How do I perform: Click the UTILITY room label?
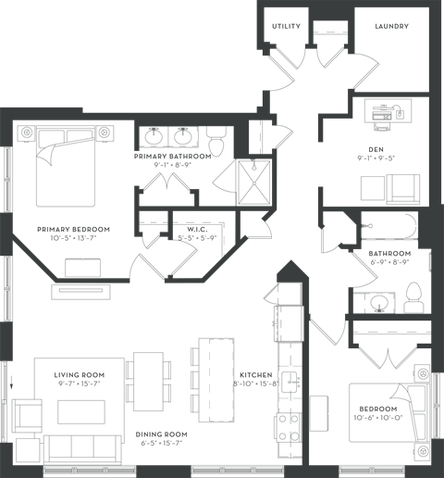click(x=286, y=26)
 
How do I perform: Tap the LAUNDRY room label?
click(x=392, y=26)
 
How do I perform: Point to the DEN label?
click(x=376, y=150)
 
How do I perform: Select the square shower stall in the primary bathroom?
click(x=254, y=182)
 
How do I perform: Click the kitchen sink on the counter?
click(x=290, y=382)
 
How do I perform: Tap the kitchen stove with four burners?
click(x=289, y=427)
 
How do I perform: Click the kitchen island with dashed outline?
click(x=216, y=380)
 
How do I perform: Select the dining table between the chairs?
click(x=148, y=382)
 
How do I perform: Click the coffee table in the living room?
click(x=81, y=412)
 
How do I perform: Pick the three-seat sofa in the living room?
click(x=82, y=448)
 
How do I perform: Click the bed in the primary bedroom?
click(x=66, y=166)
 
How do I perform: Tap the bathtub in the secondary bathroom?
click(x=389, y=226)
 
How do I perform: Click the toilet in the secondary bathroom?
click(x=414, y=297)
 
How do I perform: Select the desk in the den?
click(x=388, y=111)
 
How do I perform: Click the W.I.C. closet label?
click(x=197, y=230)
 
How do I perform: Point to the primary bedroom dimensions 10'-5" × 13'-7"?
click(x=73, y=238)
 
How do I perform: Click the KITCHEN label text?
click(x=256, y=375)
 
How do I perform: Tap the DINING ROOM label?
click(x=161, y=434)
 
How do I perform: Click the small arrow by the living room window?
click(x=12, y=382)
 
